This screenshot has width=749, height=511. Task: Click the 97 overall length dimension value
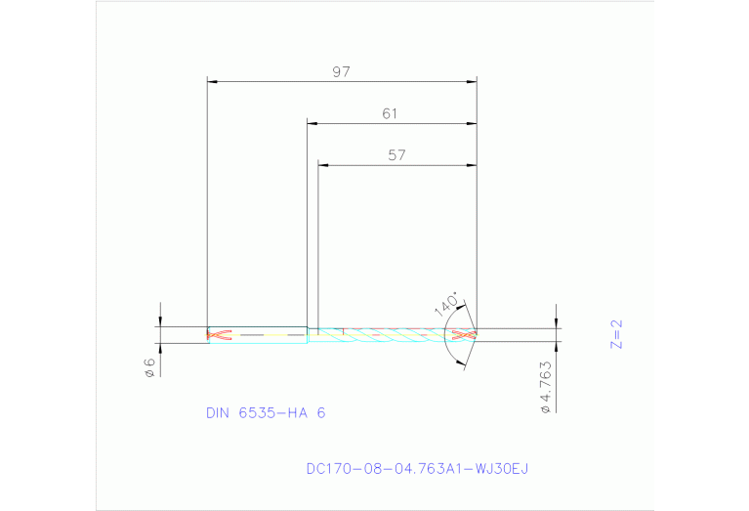point(341,71)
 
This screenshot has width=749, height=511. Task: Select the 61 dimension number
point(391,114)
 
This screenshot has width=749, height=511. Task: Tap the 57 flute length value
point(396,155)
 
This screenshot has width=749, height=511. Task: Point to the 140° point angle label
point(446,303)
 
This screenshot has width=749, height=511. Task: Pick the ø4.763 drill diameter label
point(546,388)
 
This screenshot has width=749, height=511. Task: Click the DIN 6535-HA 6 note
point(266,413)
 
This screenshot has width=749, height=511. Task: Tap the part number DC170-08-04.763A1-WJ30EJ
point(417,469)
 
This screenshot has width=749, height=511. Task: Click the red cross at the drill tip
point(466,334)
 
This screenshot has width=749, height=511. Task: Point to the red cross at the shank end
point(220,334)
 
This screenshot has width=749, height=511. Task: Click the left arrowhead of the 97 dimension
point(212,81)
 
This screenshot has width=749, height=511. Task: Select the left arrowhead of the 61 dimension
point(312,123)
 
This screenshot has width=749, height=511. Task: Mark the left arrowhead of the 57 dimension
point(323,164)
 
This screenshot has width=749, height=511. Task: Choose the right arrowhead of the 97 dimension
point(473,81)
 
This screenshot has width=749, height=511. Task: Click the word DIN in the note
point(217,413)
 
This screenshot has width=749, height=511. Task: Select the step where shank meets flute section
point(308,334)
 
